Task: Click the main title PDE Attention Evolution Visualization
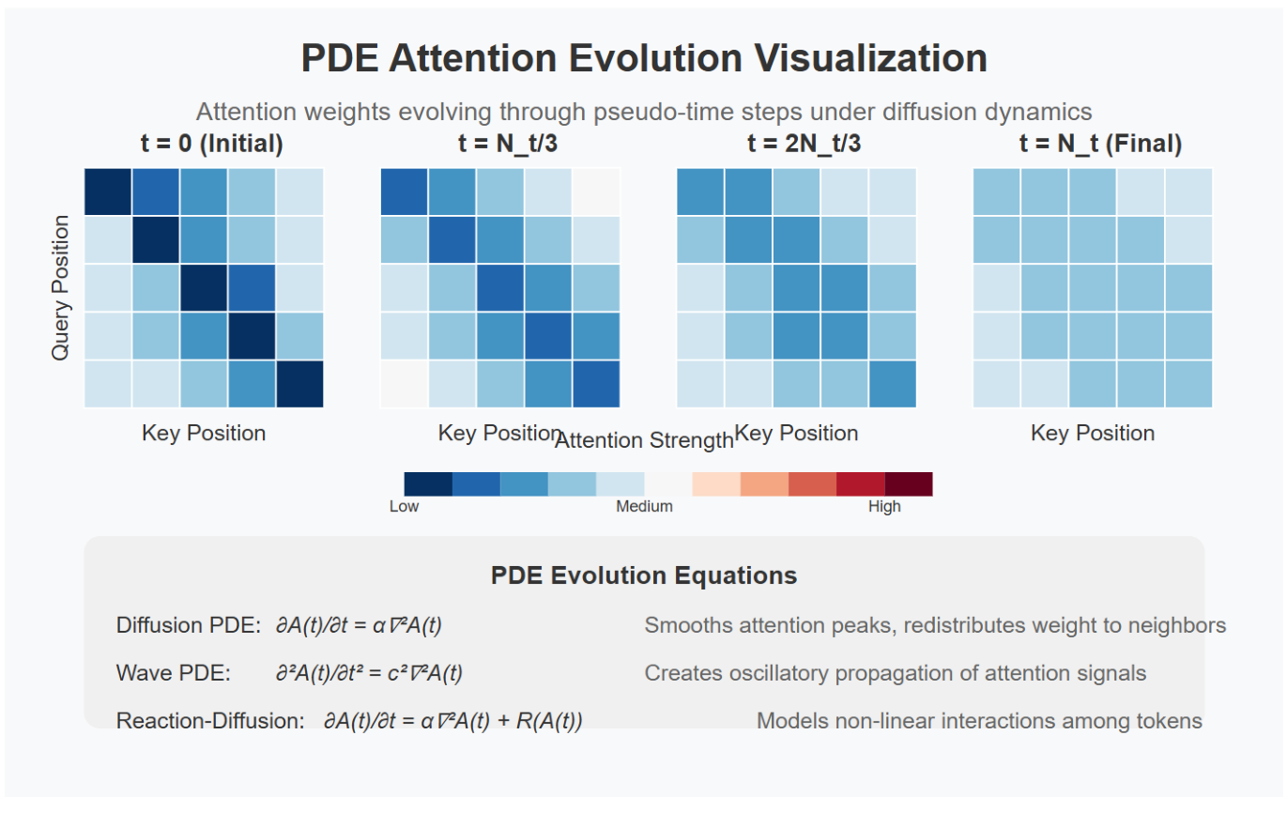coord(644,58)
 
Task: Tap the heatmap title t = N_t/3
coord(499,144)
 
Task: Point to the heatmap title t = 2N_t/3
coord(796,144)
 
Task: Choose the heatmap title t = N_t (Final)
coord(1093,144)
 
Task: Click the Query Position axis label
coord(61,287)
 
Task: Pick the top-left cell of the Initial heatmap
coord(108,191)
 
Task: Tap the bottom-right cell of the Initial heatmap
coord(299,384)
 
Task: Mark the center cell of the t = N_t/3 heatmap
coord(499,288)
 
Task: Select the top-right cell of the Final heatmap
coord(1188,191)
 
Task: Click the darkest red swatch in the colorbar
coord(908,483)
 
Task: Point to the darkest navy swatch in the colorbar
coord(428,483)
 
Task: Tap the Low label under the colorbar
coord(404,507)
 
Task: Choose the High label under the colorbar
coord(884,507)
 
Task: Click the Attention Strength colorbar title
coord(644,440)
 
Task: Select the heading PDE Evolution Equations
coord(644,575)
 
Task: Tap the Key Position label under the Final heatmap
coord(1093,433)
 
